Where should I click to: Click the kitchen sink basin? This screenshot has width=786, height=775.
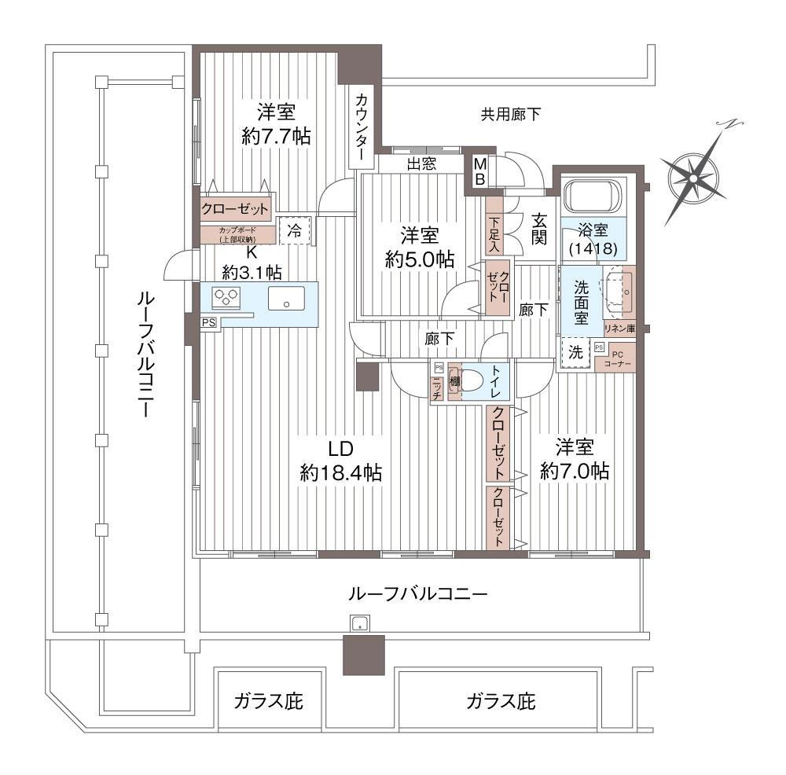coord(287,299)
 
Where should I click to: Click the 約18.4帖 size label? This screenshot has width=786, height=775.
coord(340,472)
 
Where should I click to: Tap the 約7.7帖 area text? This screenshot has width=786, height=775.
coord(275,136)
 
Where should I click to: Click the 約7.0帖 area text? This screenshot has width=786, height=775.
coord(575,471)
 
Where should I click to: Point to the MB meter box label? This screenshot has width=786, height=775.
coord(478,171)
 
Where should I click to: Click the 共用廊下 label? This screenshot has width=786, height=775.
coord(511,115)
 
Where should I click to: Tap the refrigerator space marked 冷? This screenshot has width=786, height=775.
coord(295,231)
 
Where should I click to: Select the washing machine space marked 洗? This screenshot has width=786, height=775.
coord(576,353)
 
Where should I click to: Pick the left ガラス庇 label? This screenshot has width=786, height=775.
coord(268,700)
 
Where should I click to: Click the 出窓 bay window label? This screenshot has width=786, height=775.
coord(424,164)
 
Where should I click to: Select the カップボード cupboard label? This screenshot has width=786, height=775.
coord(237,234)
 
